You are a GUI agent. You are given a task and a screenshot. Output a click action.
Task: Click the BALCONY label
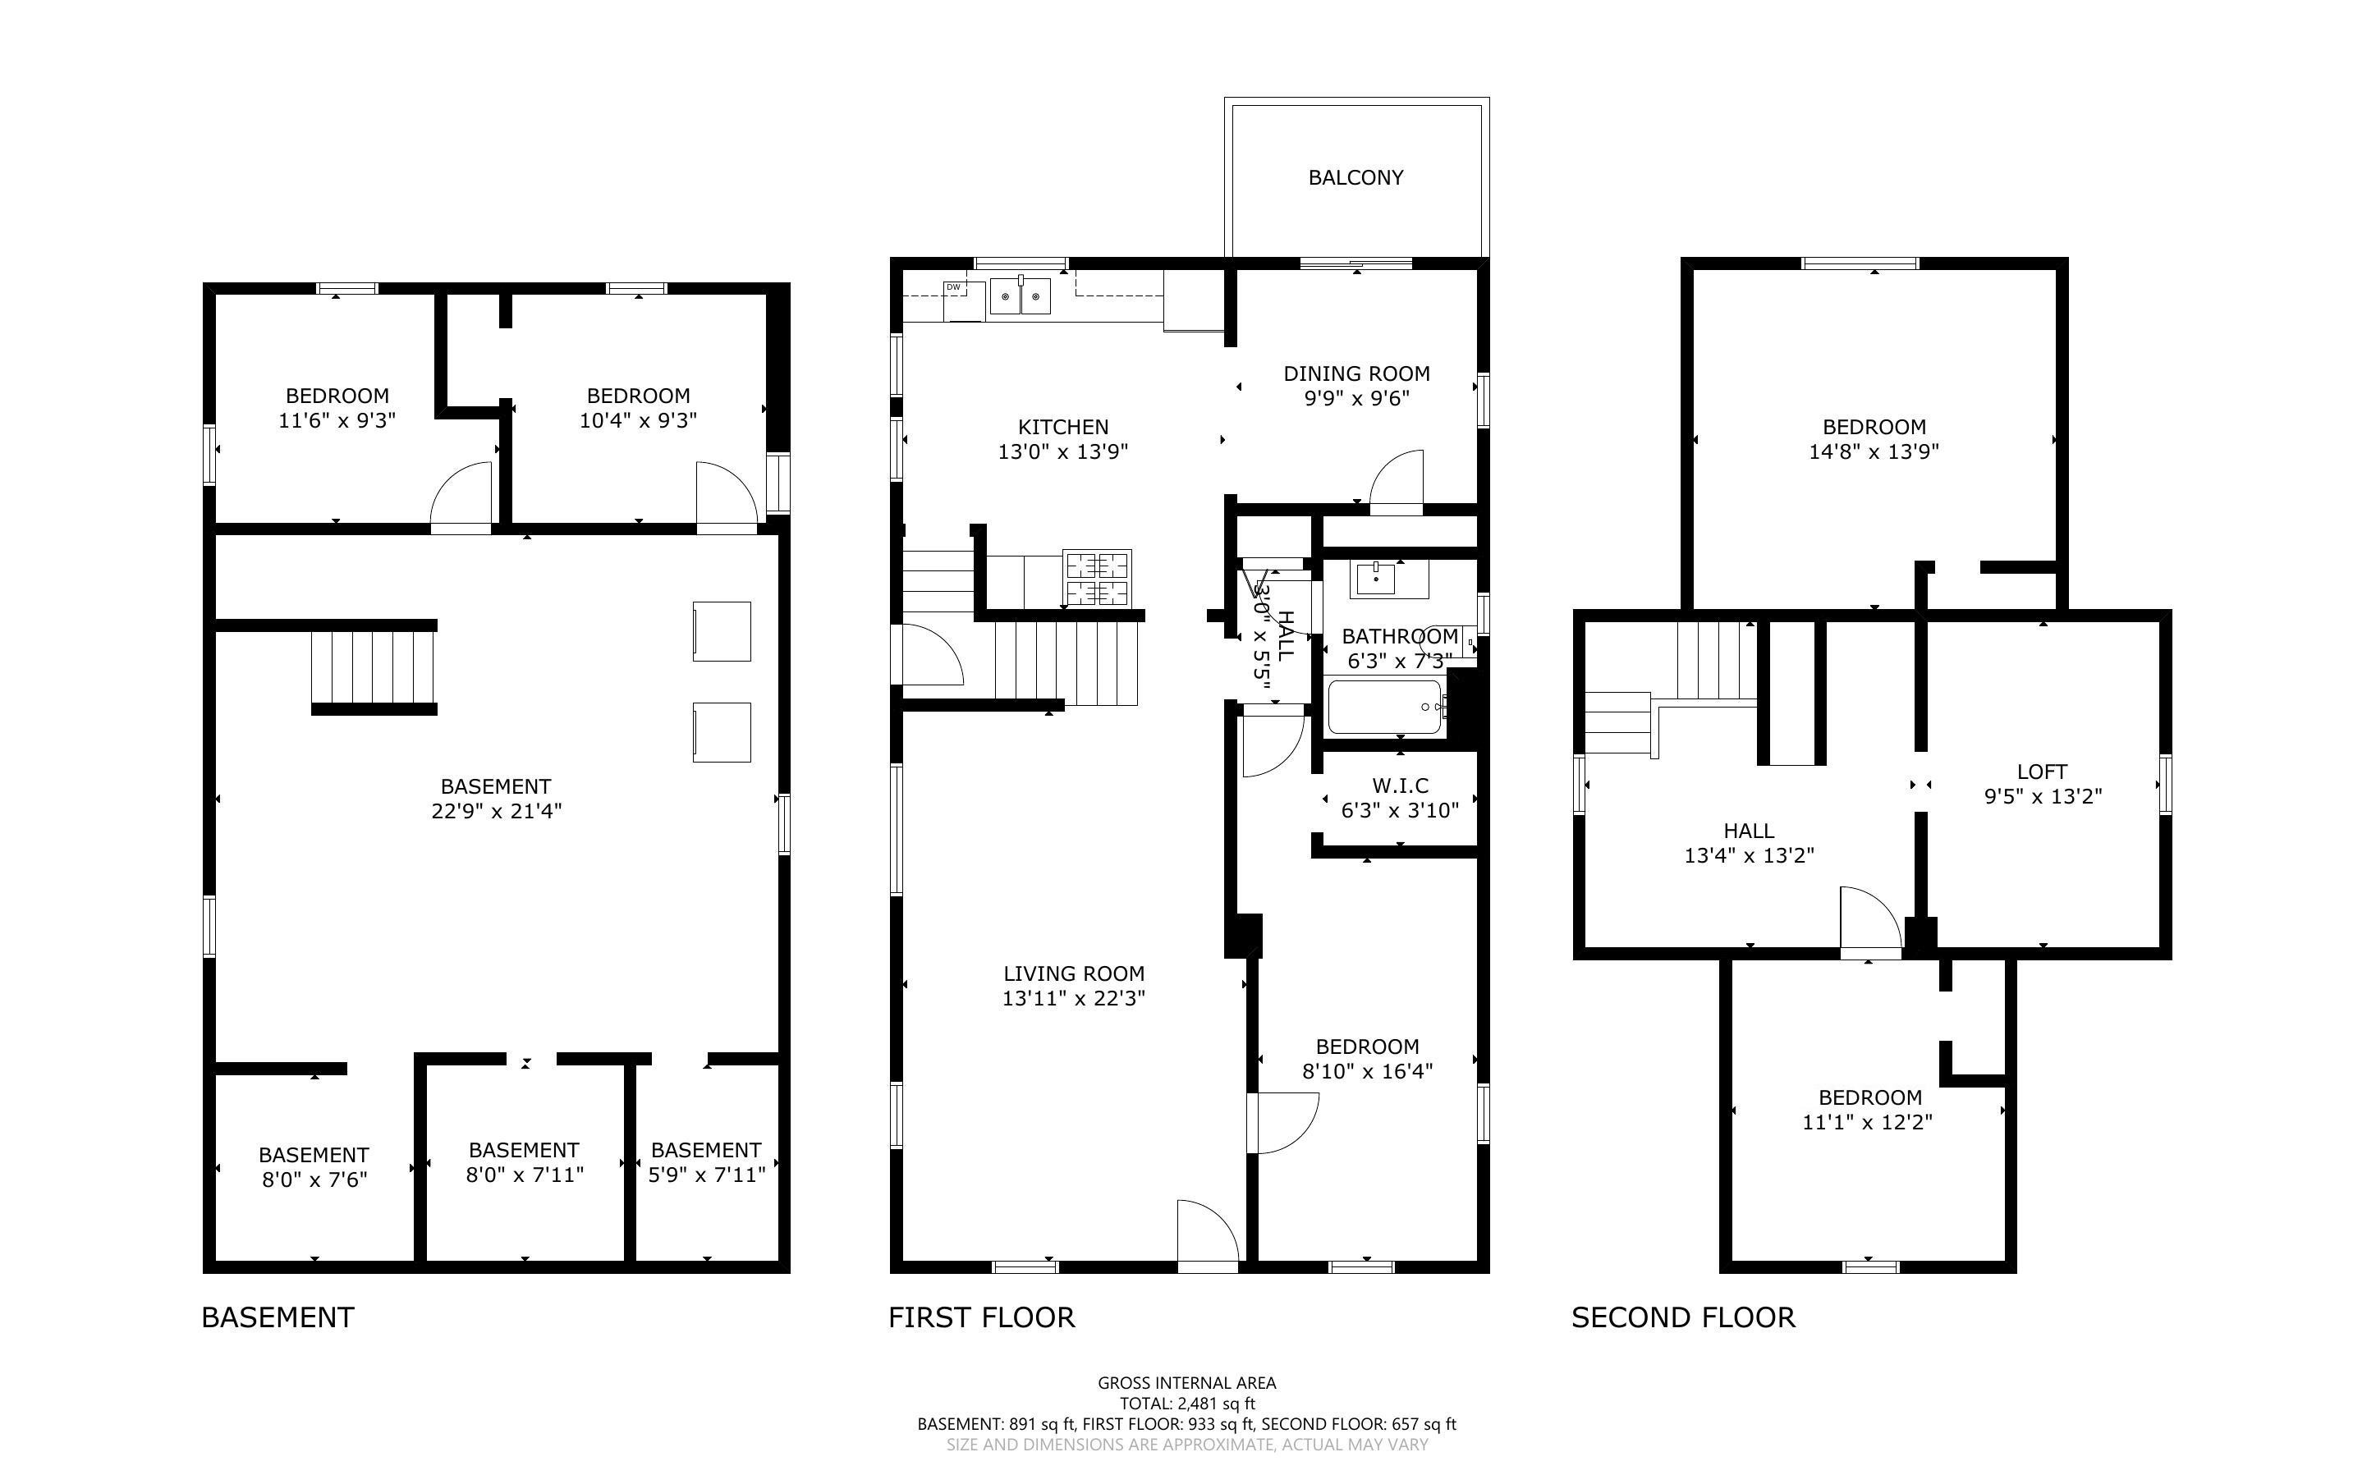(1355, 177)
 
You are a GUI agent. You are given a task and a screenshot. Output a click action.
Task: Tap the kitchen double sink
(1021, 295)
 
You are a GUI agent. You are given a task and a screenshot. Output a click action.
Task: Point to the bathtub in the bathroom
(1385, 707)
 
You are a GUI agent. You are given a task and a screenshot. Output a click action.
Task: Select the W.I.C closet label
(1400, 786)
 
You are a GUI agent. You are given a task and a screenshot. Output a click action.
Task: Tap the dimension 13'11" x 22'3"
(1074, 998)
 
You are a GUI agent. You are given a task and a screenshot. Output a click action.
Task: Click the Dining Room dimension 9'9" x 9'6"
(1356, 397)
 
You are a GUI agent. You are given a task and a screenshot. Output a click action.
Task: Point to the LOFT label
(2043, 772)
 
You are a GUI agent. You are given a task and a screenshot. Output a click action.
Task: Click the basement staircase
(374, 667)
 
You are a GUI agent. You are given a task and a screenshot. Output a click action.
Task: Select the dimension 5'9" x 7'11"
(707, 1175)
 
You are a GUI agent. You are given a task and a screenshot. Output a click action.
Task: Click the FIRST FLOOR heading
(981, 1317)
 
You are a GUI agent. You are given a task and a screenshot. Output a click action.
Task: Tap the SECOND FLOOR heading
(1683, 1317)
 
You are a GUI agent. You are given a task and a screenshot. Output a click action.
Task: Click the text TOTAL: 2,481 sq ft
(1187, 1404)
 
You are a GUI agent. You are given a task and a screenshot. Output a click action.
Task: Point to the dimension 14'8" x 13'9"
(1874, 451)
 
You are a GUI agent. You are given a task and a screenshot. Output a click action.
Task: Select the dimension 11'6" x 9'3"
(337, 420)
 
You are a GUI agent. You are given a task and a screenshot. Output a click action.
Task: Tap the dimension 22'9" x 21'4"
(496, 811)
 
